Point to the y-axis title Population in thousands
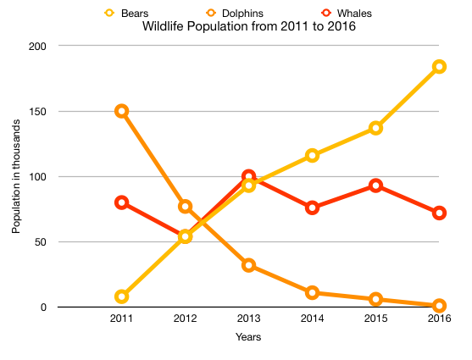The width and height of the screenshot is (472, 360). (x=16, y=176)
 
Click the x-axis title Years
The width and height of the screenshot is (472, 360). (x=248, y=337)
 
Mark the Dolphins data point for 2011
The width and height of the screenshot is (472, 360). (x=121, y=111)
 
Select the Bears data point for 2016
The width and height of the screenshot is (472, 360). (x=439, y=67)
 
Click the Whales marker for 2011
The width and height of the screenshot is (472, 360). (x=121, y=202)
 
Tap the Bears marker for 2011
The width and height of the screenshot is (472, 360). (x=121, y=296)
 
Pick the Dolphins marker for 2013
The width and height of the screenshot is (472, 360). (x=248, y=265)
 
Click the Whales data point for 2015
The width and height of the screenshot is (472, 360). (x=375, y=186)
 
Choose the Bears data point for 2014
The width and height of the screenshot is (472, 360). (x=312, y=156)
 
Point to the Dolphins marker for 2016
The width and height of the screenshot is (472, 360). (x=439, y=306)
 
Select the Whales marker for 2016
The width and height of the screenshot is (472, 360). (x=439, y=213)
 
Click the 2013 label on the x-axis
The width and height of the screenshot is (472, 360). (x=248, y=318)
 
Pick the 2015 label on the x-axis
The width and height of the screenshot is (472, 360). (x=375, y=318)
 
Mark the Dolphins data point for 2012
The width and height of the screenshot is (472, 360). (x=185, y=207)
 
